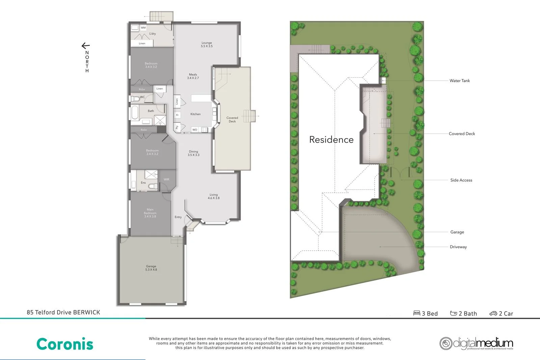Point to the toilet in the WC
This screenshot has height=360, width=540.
click(x=136, y=99)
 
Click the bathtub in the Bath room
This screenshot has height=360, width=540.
click(x=135, y=113)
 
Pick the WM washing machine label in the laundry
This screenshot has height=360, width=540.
click(x=143, y=28)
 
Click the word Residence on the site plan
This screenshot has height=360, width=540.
click(x=331, y=140)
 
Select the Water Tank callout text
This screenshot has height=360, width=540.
click(x=459, y=81)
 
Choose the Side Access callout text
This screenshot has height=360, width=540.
click(x=461, y=180)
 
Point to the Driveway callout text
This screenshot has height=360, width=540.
click(x=458, y=247)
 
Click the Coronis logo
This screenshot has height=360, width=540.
click(x=65, y=344)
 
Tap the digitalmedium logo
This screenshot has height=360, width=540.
click(x=476, y=343)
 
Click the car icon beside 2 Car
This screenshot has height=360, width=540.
click(x=493, y=313)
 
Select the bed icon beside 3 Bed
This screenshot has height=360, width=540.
click(x=417, y=313)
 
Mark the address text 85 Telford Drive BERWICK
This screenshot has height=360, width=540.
click(x=63, y=312)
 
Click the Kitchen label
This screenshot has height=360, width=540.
click(x=195, y=114)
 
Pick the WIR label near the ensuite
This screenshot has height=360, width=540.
click(x=166, y=179)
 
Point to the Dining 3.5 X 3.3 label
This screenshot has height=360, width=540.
click(x=193, y=153)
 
